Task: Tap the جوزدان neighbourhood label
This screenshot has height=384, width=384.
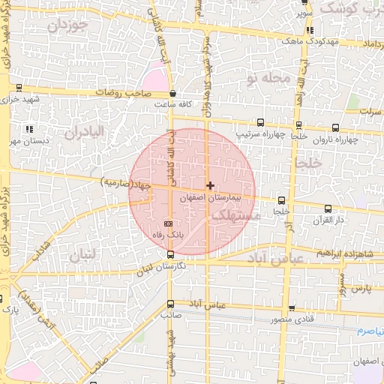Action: tap(68, 25)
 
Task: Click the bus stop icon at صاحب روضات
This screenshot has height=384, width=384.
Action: tap(173, 94)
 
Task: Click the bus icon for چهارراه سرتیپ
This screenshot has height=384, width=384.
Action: tap(260, 122)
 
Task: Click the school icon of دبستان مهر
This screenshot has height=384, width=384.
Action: tap(29, 129)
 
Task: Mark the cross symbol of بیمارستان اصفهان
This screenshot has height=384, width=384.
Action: tap(211, 184)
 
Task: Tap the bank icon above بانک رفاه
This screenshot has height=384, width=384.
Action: tap(168, 223)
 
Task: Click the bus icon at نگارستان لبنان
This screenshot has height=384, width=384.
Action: tap(170, 255)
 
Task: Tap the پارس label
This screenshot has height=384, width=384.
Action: tap(361, 288)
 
